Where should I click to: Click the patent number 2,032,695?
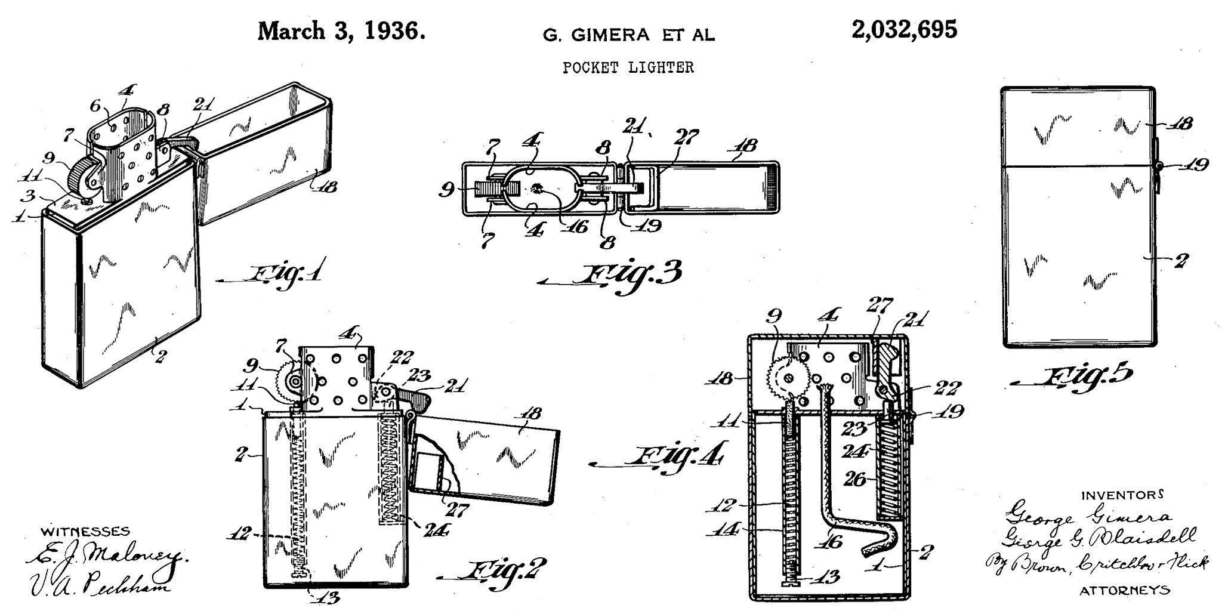(x=905, y=30)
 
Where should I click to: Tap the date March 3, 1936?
(x=341, y=31)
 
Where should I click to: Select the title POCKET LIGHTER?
(x=628, y=67)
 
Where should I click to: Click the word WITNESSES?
(x=85, y=530)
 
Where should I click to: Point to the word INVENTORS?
(x=1122, y=495)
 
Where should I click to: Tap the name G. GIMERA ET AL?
(x=628, y=35)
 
